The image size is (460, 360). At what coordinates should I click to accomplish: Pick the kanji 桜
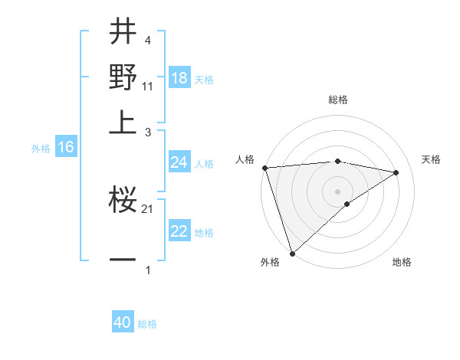(x=123, y=201)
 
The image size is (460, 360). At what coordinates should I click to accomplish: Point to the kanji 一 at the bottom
(x=123, y=260)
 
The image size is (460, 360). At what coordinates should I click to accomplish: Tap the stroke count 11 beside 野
(x=148, y=87)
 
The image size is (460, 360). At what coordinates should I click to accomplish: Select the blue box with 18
(x=179, y=77)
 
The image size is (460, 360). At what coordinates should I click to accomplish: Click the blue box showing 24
(x=179, y=162)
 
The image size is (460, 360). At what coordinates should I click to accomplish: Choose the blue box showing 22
(x=179, y=231)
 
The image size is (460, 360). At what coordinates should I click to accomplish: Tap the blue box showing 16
(x=66, y=147)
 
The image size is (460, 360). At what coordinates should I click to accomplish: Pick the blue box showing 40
(x=123, y=322)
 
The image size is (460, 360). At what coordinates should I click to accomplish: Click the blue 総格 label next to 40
(x=147, y=324)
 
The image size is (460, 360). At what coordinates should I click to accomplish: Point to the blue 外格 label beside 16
(x=41, y=149)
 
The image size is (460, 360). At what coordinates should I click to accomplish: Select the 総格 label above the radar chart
(x=338, y=100)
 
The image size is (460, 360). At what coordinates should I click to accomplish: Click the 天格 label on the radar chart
(x=431, y=159)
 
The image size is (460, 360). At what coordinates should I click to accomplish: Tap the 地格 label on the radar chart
(x=402, y=262)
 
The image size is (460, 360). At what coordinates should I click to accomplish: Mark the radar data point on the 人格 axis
(x=264, y=168)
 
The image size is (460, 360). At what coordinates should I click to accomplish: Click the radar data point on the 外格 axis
(x=292, y=252)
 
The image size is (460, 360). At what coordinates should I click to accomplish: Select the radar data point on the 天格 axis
(x=396, y=172)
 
